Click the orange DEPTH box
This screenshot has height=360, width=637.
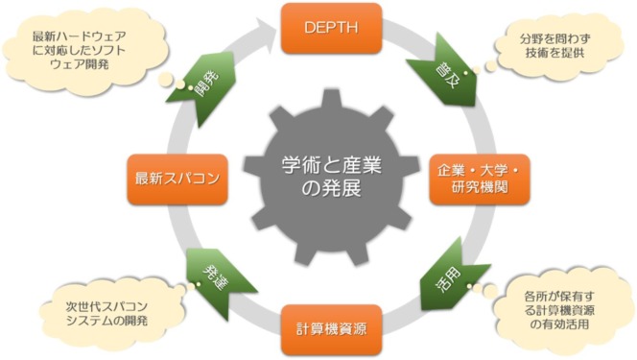pyautogui.click(x=330, y=29)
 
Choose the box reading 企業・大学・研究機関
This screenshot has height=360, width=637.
pyautogui.click(x=478, y=178)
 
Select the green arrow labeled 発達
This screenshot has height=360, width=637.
pyautogui.click(x=214, y=276)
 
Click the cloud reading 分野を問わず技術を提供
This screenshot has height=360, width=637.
pyautogui.click(x=552, y=48)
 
